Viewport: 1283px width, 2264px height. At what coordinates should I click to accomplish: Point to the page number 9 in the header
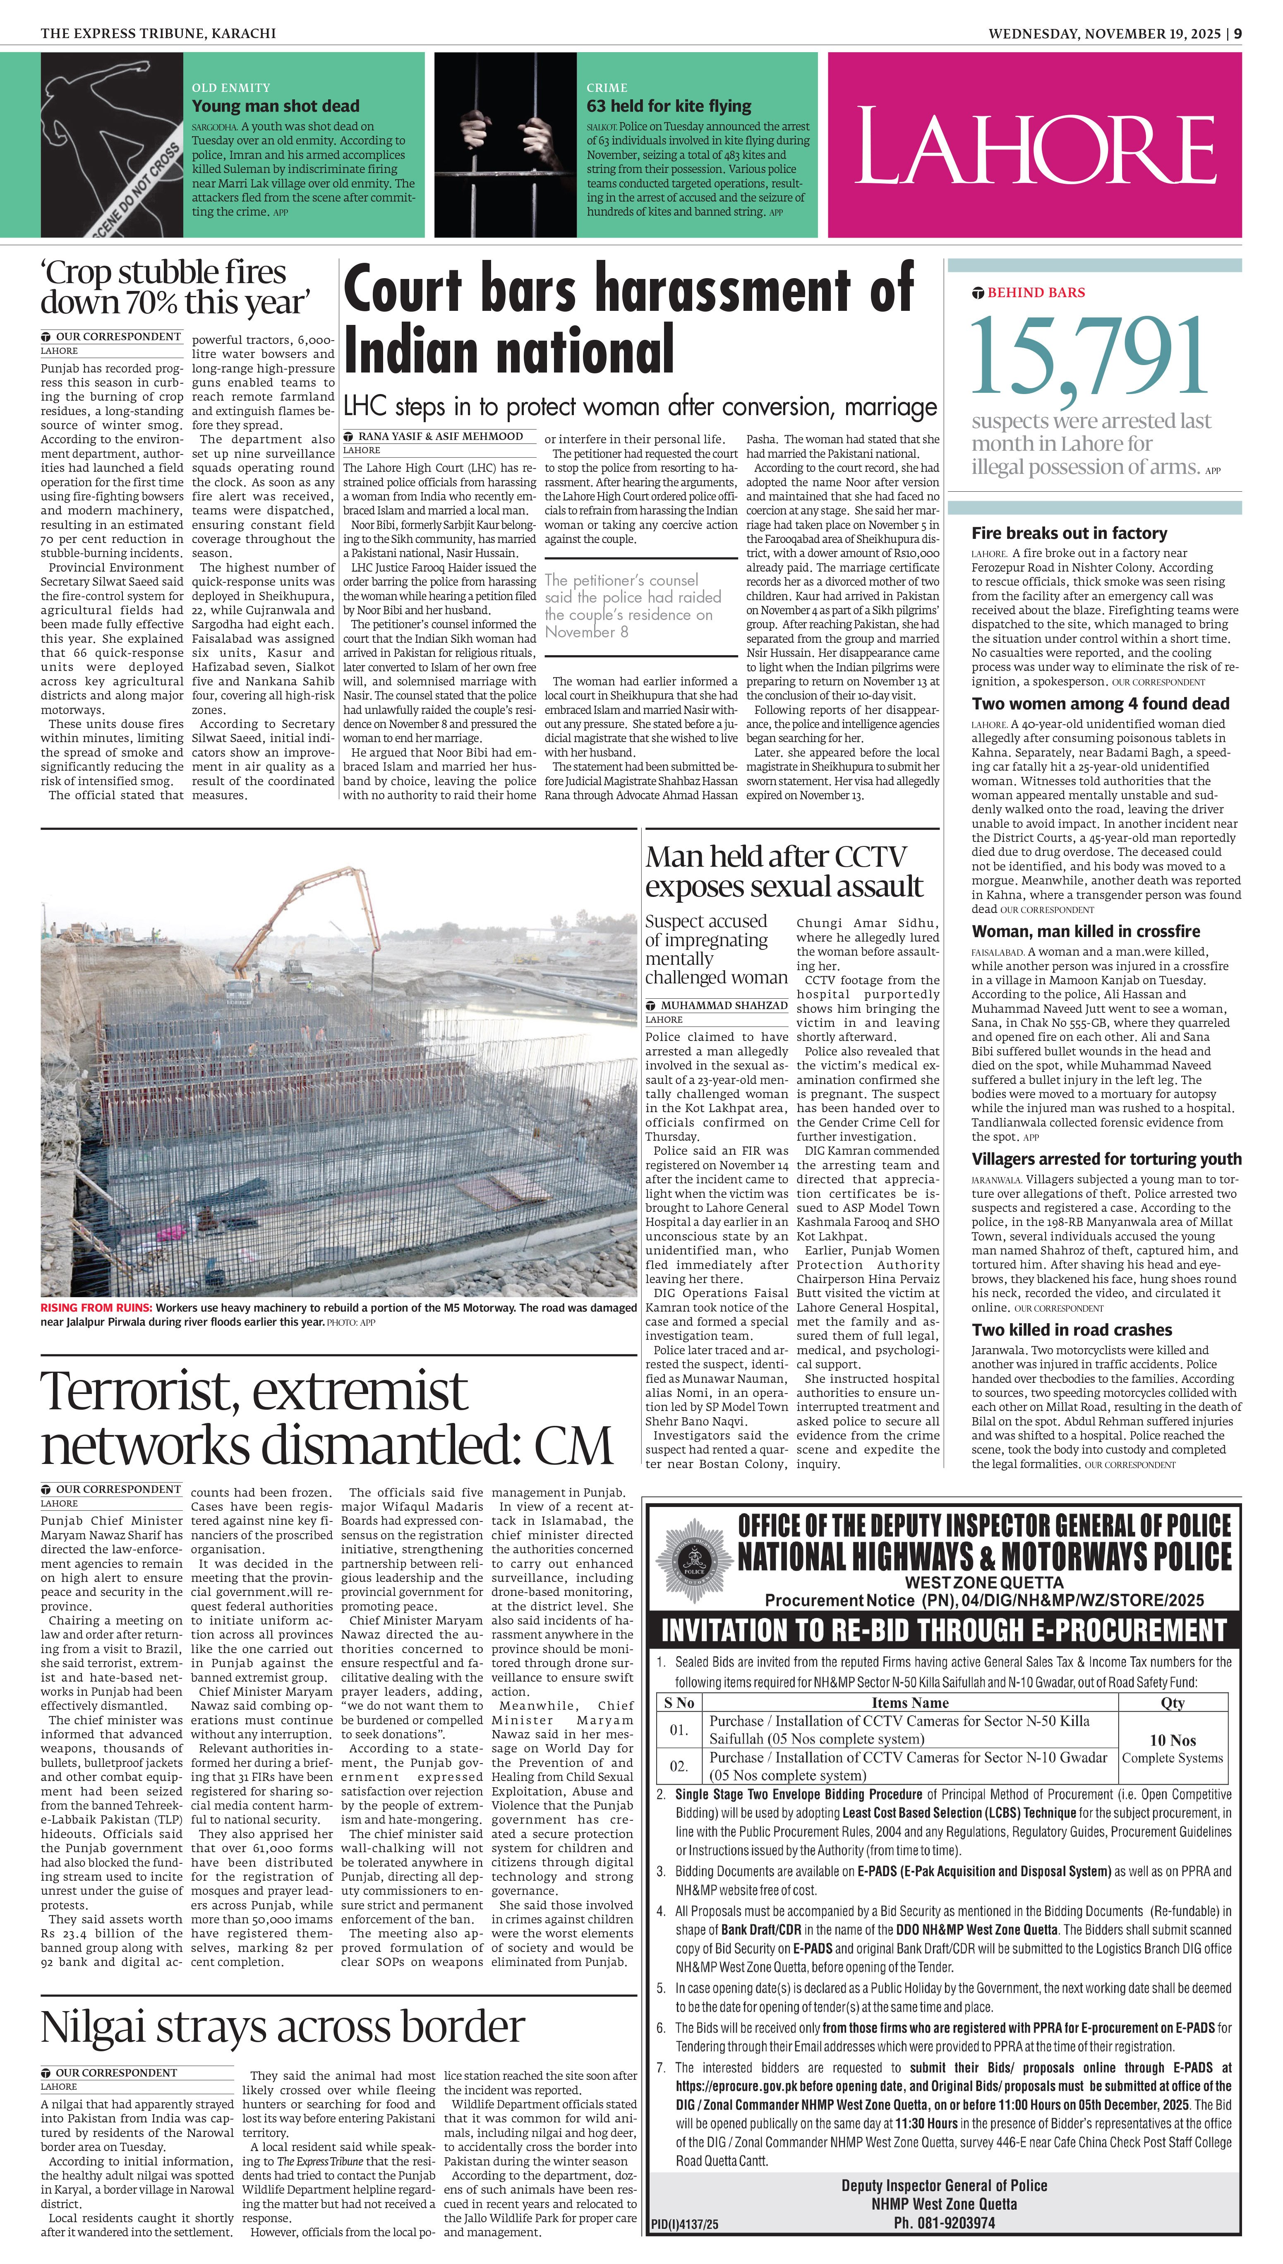click(x=1238, y=34)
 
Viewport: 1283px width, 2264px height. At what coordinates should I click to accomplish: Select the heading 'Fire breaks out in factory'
click(x=1069, y=533)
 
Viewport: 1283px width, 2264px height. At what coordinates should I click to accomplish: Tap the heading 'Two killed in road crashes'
click(x=1072, y=1330)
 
